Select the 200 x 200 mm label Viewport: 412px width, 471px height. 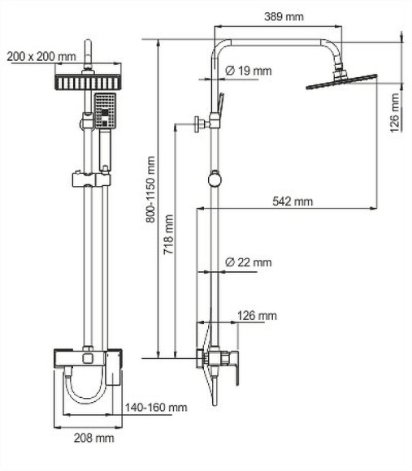41,56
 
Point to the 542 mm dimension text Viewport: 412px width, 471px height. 292,201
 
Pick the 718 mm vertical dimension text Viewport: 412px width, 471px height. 167,235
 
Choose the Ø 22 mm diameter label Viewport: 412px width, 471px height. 248,262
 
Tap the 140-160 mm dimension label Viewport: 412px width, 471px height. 156,407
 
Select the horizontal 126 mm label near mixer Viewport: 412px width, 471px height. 257,315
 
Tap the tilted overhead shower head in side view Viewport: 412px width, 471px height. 341,80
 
